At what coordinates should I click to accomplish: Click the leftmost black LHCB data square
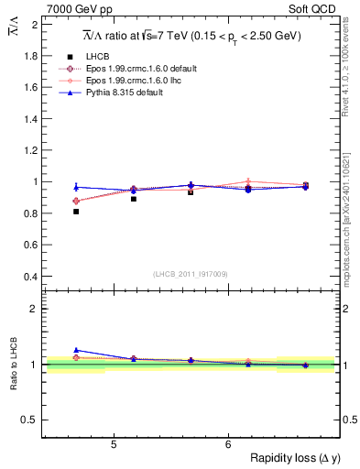76,212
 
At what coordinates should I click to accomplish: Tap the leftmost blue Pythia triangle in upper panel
76,187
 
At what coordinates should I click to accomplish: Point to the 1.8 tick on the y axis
29,55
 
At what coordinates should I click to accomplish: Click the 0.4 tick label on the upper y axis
29,277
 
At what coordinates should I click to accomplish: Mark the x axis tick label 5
113,445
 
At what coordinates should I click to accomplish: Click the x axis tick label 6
227,445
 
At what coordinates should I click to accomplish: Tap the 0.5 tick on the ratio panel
29,420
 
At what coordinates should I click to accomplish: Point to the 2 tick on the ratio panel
34,309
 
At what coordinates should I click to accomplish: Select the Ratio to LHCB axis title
13,365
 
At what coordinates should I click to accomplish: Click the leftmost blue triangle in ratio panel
76,350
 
